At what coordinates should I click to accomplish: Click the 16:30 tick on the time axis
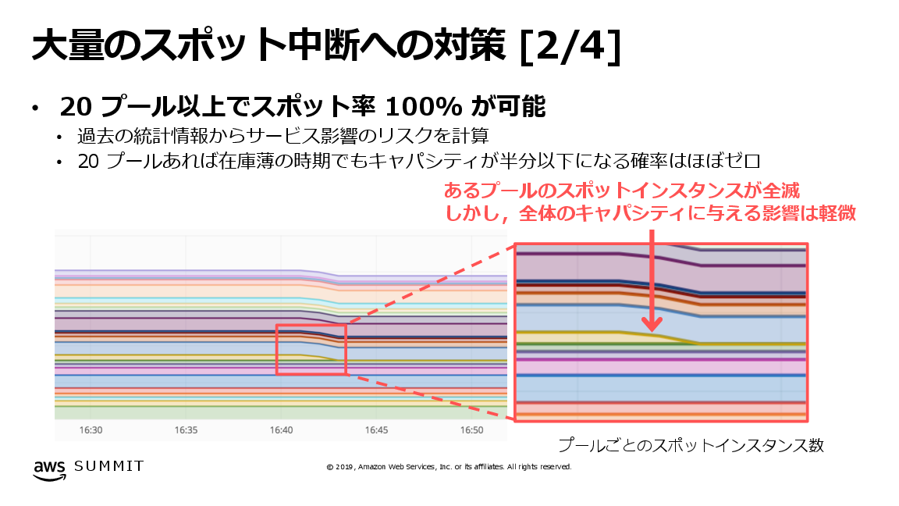[91, 430]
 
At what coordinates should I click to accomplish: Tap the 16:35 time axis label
[187, 430]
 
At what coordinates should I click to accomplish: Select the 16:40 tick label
[282, 430]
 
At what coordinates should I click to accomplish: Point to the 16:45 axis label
[377, 430]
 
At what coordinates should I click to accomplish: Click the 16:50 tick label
[472, 430]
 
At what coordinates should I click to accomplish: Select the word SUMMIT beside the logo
[108, 466]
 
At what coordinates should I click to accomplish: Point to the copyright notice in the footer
[449, 467]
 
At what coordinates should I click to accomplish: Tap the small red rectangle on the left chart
[311, 349]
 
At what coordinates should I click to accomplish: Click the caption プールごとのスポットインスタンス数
[691, 445]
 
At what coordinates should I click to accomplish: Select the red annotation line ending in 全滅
[622, 191]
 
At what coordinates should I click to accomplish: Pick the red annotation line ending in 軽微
[650, 213]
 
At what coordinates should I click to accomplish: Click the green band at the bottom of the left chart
[281, 413]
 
